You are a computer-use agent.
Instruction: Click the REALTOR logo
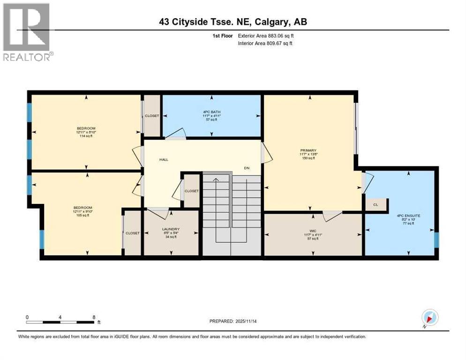pyautogui.click(x=27, y=32)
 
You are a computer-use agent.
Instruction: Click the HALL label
pyautogui.click(x=164, y=160)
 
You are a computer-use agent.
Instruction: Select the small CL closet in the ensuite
pyautogui.click(x=376, y=205)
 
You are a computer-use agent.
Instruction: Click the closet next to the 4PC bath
pyautogui.click(x=151, y=115)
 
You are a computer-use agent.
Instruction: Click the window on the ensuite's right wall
pyautogui.click(x=436, y=239)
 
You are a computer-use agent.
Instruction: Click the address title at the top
pyautogui.click(x=233, y=22)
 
